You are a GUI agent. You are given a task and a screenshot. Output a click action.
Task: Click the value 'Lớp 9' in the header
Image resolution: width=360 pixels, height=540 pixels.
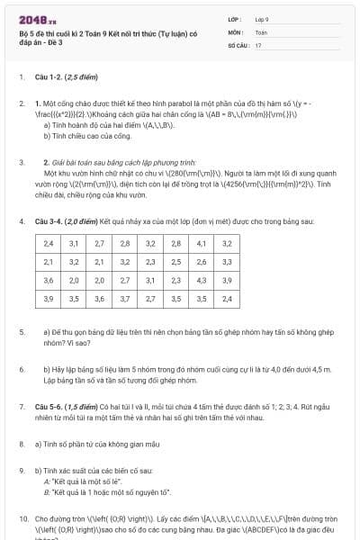point(263,19)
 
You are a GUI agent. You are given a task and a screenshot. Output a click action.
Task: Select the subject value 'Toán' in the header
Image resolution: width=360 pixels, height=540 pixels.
point(261,31)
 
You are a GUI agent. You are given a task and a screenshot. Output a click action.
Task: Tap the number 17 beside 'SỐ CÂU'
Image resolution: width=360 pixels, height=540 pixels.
point(258,44)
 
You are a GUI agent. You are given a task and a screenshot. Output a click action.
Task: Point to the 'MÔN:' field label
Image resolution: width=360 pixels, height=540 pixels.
point(235,31)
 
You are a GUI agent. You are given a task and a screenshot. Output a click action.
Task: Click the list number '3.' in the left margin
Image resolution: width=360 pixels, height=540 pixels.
point(22,163)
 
